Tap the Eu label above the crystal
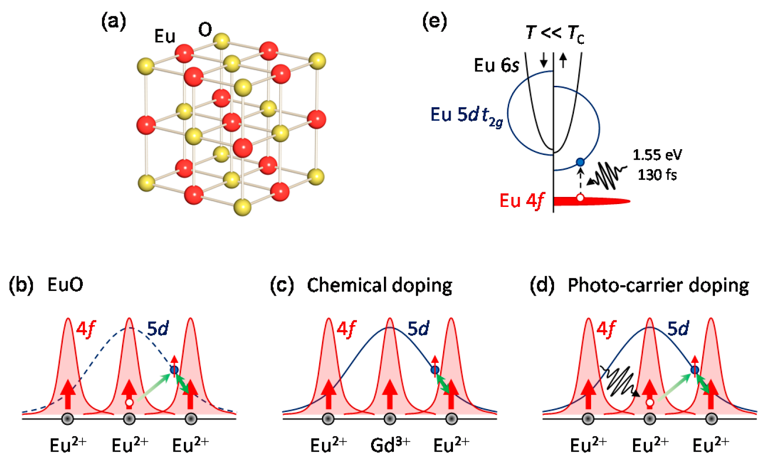(165, 36)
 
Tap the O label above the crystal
(205, 30)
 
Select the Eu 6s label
(496, 65)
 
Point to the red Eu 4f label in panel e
(521, 201)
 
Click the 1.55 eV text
(657, 155)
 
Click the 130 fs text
(657, 175)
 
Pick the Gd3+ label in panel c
(390, 445)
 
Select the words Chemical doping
(379, 285)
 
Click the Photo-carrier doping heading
(658, 285)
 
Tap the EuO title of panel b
(65, 285)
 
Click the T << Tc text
(554, 33)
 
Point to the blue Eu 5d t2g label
(466, 116)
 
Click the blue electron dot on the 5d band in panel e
(580, 162)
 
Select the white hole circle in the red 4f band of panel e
(580, 197)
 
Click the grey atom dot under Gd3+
(390, 419)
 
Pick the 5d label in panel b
(158, 329)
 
